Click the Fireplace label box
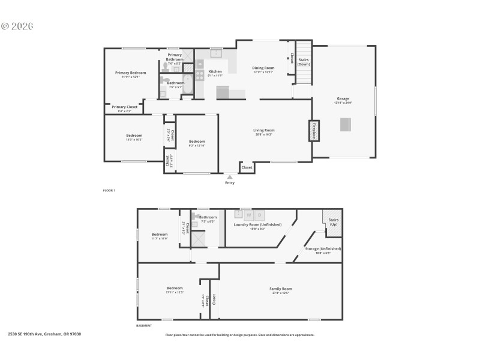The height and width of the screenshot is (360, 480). tap(313, 131)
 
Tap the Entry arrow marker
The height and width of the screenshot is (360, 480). tap(229, 176)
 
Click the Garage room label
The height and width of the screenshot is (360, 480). tap(343, 99)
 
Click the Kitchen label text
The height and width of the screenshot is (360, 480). tap(215, 72)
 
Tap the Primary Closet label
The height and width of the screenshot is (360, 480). tap(125, 107)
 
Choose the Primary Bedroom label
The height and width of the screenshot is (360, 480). tap(130, 73)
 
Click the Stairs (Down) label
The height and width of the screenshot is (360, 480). tap(304, 62)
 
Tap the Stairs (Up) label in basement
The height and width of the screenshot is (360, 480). tap(334, 222)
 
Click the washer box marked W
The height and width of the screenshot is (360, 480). tap(248, 215)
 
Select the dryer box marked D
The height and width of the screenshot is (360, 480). tap(260, 215)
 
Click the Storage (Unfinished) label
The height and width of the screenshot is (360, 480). tap(323, 249)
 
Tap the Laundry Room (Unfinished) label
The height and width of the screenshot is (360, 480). tap(257, 225)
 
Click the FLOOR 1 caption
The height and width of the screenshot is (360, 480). tap(109, 190)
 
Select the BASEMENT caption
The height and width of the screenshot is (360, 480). tap(144, 326)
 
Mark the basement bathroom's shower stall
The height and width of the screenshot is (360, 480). tap(198, 239)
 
